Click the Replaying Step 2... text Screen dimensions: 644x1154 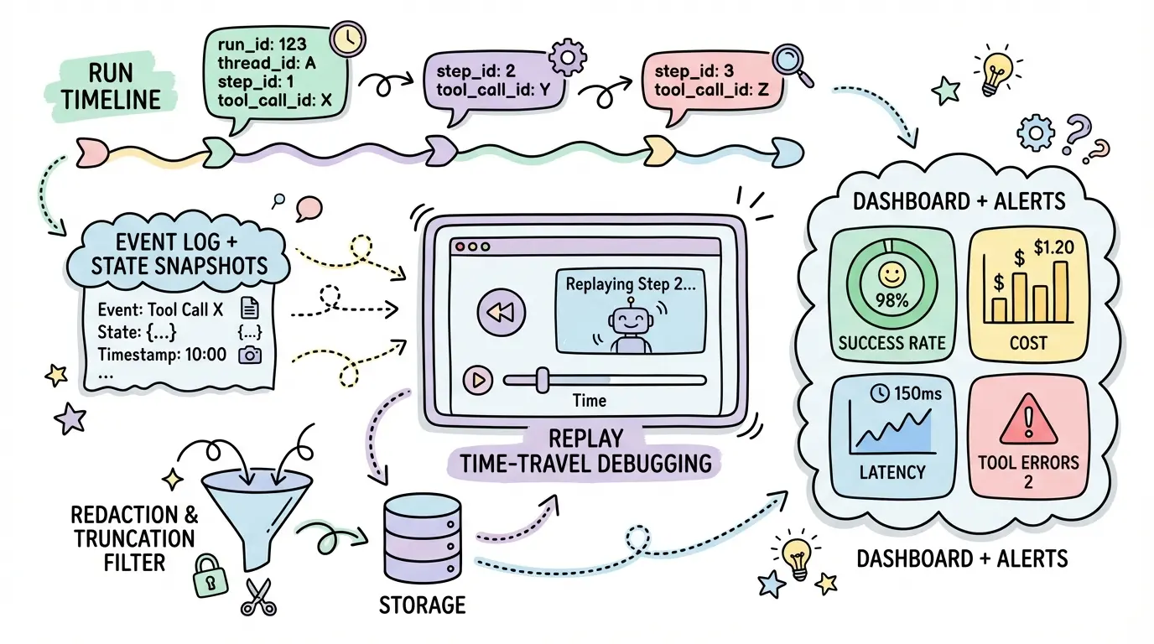630,284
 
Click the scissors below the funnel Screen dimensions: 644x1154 257,596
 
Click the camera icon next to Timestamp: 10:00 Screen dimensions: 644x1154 250,355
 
